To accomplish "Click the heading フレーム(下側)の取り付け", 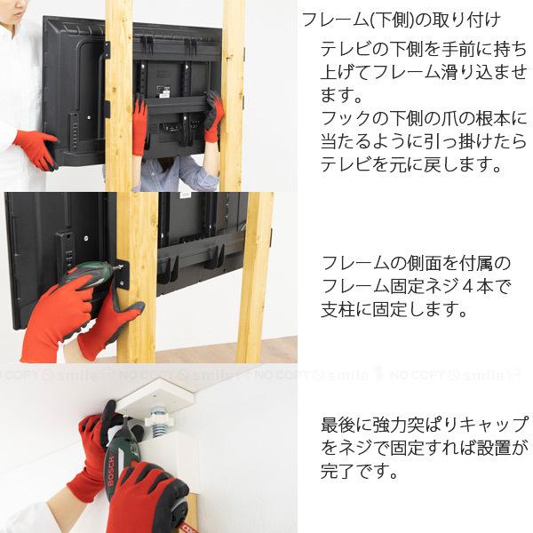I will [400, 20].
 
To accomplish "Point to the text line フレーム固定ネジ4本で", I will [416, 288].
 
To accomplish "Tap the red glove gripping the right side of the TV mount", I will [213, 115].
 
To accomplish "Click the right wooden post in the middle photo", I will [256, 275].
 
